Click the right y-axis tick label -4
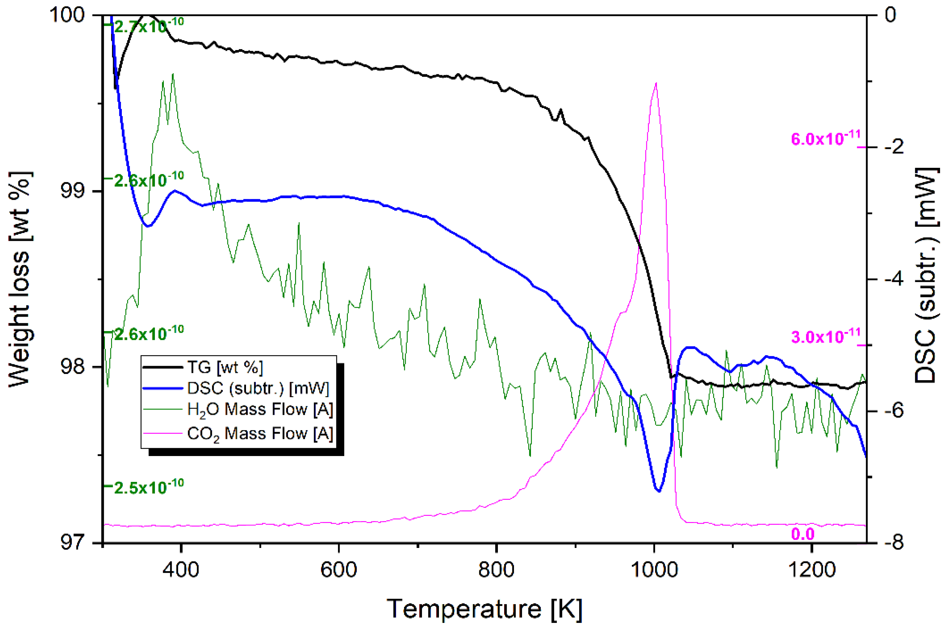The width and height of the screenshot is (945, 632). (x=894, y=279)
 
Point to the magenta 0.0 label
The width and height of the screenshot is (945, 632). (x=803, y=534)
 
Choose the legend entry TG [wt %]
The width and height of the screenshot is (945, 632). (x=225, y=367)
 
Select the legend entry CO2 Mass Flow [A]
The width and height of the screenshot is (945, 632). (x=260, y=434)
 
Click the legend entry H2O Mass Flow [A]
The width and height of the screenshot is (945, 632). (x=260, y=409)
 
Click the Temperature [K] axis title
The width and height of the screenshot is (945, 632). (x=484, y=609)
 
